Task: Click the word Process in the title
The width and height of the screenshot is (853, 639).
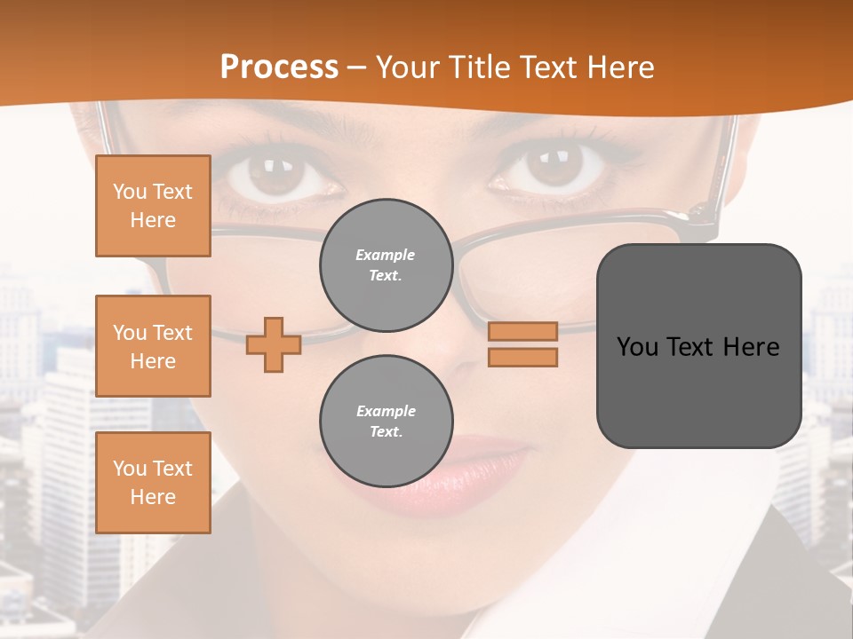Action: click(279, 67)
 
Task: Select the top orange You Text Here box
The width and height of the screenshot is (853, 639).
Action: click(153, 206)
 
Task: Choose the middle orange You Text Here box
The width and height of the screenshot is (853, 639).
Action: click(153, 346)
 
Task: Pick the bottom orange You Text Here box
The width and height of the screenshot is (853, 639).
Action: click(153, 483)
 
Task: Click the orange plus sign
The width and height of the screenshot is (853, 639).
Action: click(274, 344)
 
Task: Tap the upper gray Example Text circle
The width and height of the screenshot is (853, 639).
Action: click(386, 264)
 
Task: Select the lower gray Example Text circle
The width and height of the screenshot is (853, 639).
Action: click(386, 421)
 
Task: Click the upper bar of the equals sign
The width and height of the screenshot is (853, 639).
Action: click(523, 331)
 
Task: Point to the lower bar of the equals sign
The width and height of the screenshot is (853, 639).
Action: click(523, 357)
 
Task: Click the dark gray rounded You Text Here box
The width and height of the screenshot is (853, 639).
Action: click(698, 346)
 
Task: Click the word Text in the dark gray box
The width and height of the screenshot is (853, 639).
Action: click(689, 347)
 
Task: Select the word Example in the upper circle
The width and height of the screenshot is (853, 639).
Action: click(386, 255)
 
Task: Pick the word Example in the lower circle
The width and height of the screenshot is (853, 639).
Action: click(386, 411)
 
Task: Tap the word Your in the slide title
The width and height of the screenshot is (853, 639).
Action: click(409, 67)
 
